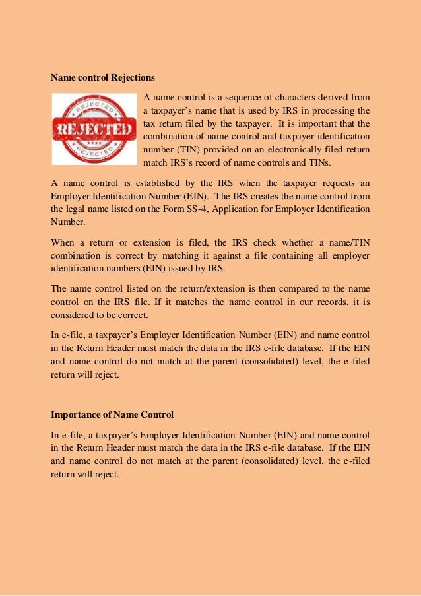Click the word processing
(335, 110)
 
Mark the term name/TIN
(347, 242)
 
